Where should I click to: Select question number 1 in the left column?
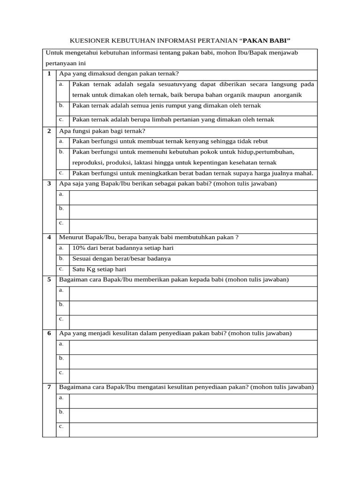(x=49, y=74)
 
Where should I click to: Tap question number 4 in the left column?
(x=49, y=237)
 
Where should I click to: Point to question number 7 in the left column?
(x=49, y=387)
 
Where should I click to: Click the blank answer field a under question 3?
(x=193, y=197)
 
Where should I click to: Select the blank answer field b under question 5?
(x=193, y=307)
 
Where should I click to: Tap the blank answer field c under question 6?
(x=193, y=375)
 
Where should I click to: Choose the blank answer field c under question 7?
(x=193, y=429)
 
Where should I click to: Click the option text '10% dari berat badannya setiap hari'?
(x=123, y=248)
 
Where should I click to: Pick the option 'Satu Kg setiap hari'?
(x=99, y=270)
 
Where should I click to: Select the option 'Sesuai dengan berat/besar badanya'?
(x=121, y=259)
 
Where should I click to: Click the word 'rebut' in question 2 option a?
(x=260, y=141)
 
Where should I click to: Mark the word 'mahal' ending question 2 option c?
(x=303, y=173)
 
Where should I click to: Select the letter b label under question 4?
(x=61, y=258)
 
